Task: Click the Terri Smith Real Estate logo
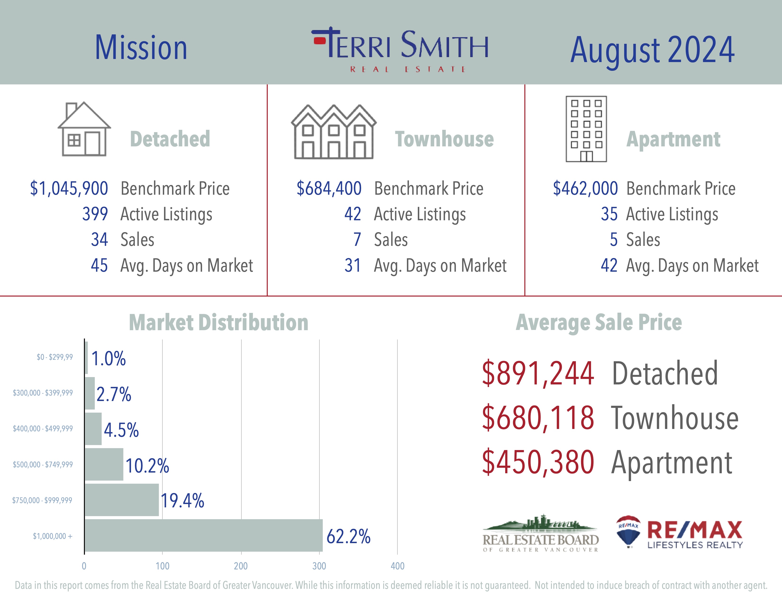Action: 400,49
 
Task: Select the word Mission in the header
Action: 141,48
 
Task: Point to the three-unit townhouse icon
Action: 334,132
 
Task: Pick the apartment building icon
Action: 586,129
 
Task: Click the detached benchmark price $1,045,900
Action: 69,189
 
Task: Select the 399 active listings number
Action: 95,214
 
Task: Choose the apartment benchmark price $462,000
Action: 585,189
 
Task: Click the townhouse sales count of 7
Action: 357,239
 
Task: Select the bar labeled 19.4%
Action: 122,500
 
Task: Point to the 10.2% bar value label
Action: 147,465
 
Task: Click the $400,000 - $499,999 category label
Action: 43,429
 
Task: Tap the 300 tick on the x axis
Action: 319,566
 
